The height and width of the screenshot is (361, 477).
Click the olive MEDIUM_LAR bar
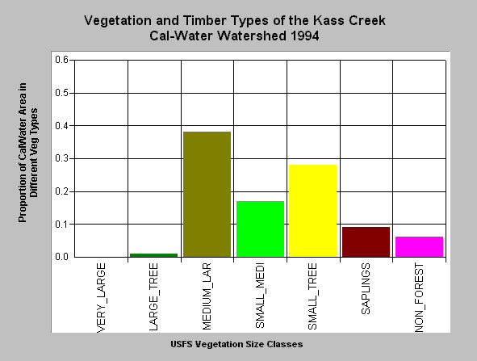click(x=207, y=194)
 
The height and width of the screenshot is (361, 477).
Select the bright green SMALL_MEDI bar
click(x=260, y=229)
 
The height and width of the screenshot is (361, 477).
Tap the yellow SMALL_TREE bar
click(x=312, y=211)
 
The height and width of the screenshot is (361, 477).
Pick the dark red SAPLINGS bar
click(x=366, y=241)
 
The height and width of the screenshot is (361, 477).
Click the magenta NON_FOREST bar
click(x=419, y=246)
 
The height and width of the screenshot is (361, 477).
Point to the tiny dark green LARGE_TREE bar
click(x=153, y=255)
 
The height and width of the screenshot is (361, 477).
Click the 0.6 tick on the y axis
click(x=62, y=60)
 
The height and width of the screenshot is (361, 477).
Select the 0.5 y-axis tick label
click(x=62, y=93)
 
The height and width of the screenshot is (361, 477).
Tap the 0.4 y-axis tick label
click(x=62, y=125)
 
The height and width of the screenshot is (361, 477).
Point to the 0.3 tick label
click(x=62, y=158)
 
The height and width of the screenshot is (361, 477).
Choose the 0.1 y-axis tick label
click(x=62, y=224)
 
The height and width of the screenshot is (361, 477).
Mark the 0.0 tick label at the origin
click(x=62, y=257)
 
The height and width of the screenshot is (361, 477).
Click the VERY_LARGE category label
click(x=101, y=298)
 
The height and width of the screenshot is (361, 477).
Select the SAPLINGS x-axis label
click(x=366, y=288)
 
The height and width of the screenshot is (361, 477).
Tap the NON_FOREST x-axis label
click(x=419, y=298)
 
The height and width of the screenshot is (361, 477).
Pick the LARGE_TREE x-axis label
click(x=153, y=296)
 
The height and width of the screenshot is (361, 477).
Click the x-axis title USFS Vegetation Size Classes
click(x=236, y=344)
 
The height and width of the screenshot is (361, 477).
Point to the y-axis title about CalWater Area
click(x=28, y=153)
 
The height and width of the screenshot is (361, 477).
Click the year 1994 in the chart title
click(x=305, y=36)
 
